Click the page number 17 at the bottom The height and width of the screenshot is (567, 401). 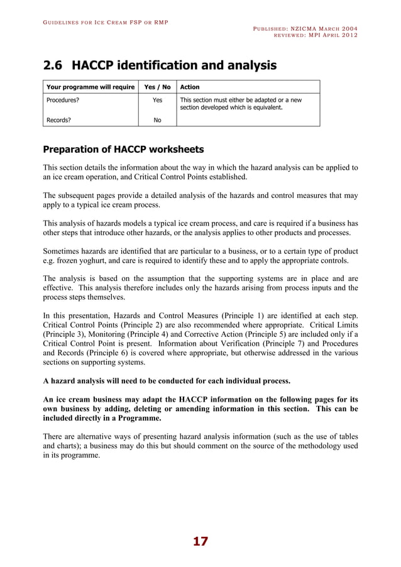click(200, 541)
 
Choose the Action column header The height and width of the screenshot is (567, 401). click(190, 87)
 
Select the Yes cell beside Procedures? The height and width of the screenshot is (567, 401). click(158, 99)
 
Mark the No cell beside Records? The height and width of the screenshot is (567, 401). click(158, 119)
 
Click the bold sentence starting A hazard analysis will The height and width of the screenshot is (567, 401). click(167, 381)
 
